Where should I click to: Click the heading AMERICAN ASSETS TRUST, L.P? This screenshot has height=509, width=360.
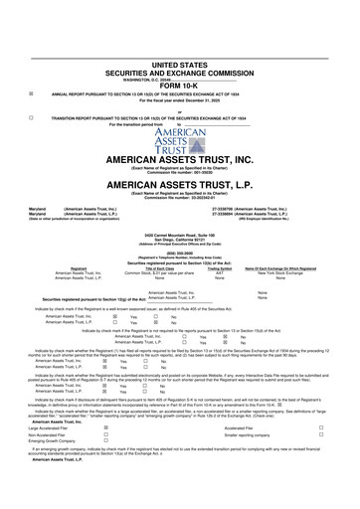[180, 213]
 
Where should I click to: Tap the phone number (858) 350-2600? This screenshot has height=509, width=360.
[180, 280]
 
